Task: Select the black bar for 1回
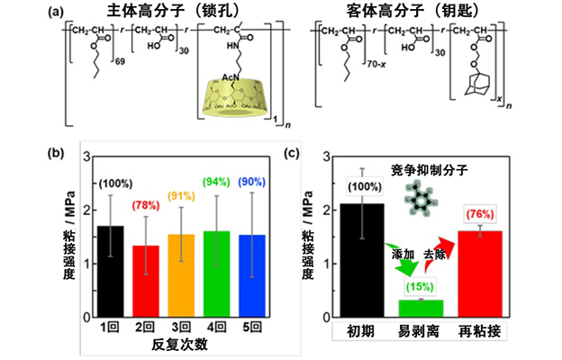(110, 271)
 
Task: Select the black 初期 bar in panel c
(361, 260)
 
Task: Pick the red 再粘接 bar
(477, 274)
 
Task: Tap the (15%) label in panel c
(421, 287)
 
